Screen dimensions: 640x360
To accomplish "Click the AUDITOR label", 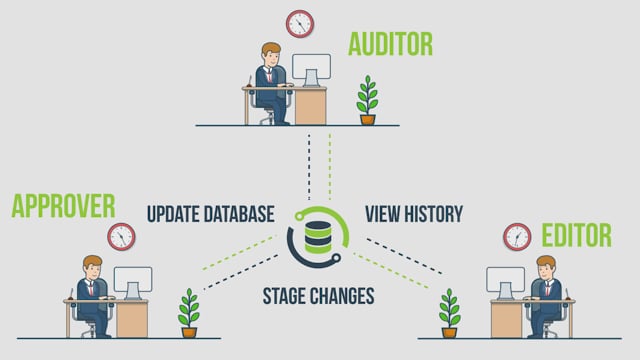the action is (x=390, y=44).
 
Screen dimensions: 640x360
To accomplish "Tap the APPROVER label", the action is (x=63, y=206).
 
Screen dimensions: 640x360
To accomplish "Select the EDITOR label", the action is (x=576, y=235).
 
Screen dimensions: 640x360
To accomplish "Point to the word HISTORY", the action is (x=433, y=214).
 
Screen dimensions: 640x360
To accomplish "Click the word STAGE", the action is (x=283, y=296).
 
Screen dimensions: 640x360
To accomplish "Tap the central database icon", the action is (x=318, y=237).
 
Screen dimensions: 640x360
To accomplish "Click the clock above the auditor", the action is (x=300, y=24).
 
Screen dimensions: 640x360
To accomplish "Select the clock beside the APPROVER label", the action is (x=121, y=237).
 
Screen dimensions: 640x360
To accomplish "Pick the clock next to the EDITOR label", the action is (x=517, y=237).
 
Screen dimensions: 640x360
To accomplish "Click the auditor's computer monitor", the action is (x=311, y=69).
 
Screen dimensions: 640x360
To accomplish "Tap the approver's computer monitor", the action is (x=133, y=283).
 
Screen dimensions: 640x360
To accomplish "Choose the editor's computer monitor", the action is (x=505, y=283).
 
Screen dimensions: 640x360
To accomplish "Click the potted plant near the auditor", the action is (x=367, y=100).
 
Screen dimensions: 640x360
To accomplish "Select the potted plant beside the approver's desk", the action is (x=189, y=313).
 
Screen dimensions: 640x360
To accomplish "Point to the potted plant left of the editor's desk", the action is (x=449, y=313).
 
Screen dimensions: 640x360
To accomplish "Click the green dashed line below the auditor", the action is (x=330, y=166).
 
